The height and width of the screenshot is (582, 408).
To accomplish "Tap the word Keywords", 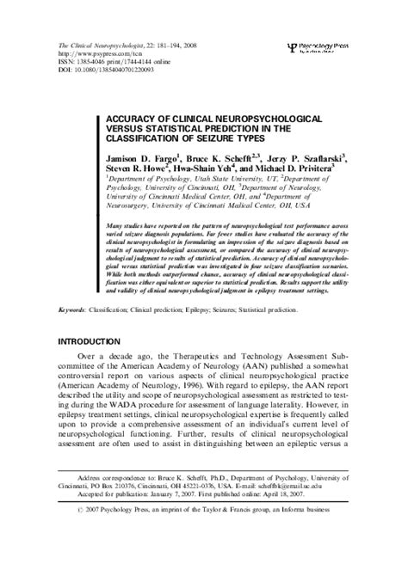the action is (73, 308).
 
